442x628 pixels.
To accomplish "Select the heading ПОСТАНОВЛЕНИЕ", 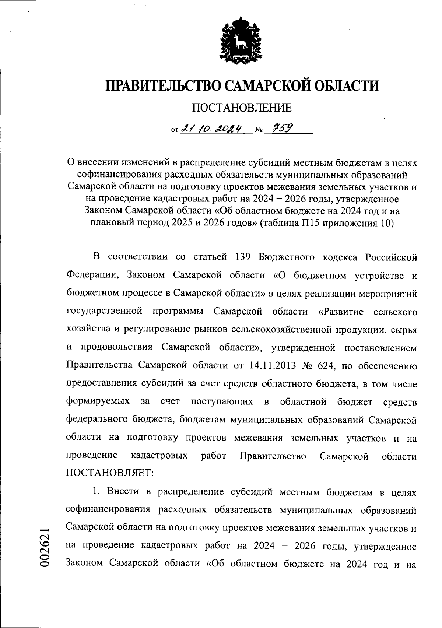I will pos(242,108).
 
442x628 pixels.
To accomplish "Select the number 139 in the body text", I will pos(243,257).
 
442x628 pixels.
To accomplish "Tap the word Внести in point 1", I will pos(122,492).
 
